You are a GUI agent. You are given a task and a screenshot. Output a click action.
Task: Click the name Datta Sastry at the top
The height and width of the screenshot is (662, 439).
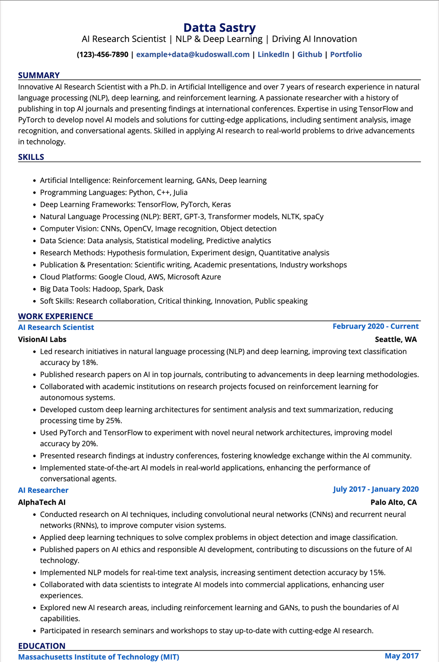[x=219, y=28]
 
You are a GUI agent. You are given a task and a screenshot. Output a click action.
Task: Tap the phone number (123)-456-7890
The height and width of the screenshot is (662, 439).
[x=102, y=54]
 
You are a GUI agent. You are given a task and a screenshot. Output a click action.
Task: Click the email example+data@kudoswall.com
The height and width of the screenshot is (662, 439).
[x=193, y=54]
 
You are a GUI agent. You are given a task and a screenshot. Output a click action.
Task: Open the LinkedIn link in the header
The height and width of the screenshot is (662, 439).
[x=273, y=54]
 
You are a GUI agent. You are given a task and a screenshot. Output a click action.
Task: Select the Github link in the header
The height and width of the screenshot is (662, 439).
[x=310, y=54]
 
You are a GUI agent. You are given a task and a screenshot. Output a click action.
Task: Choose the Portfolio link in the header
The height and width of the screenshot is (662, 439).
[x=346, y=54]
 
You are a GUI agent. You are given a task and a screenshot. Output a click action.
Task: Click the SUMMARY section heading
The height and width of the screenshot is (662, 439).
[x=39, y=75]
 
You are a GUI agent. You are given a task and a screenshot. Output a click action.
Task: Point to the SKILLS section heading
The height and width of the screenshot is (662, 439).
[x=31, y=157]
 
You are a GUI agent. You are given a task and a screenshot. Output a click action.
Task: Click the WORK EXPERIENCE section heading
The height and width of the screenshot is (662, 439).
[x=55, y=316]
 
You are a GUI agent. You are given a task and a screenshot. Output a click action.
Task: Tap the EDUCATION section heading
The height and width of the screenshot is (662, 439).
[x=42, y=646]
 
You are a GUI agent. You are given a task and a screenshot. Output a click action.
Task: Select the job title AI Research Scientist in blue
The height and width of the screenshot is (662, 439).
[x=56, y=327]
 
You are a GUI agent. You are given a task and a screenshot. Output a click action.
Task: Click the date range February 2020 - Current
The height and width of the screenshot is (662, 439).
[x=376, y=327]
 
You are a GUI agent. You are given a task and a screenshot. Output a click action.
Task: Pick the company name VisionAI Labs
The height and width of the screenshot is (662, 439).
[x=42, y=339]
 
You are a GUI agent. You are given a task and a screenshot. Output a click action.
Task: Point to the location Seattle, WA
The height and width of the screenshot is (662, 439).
[x=396, y=339]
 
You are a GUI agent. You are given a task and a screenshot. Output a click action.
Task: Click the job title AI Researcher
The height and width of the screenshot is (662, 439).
[x=43, y=490]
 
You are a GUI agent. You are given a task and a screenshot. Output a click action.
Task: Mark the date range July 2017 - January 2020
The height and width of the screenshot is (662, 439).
[x=376, y=489]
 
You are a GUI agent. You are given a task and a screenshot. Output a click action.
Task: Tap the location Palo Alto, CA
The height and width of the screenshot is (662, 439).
[x=394, y=502]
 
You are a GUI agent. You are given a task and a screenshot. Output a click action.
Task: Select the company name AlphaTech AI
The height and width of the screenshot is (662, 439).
[x=42, y=502]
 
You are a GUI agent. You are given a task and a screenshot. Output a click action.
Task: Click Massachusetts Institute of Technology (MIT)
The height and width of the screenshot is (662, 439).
[x=99, y=657]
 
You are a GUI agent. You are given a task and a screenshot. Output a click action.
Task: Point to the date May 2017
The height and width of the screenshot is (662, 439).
[x=402, y=656]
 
